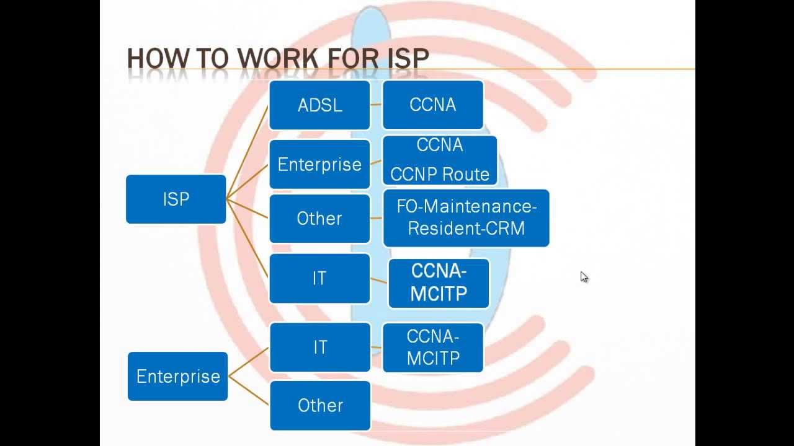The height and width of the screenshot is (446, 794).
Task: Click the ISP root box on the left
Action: tap(176, 199)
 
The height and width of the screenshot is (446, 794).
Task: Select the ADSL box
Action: tap(319, 105)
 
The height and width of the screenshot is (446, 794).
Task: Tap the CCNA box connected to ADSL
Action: tap(432, 105)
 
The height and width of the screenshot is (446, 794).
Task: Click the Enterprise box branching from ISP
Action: tap(319, 164)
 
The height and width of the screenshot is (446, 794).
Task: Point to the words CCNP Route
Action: tap(440, 175)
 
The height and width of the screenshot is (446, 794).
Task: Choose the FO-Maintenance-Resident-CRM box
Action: tap(466, 218)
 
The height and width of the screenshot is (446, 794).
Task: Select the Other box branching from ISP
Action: tap(319, 218)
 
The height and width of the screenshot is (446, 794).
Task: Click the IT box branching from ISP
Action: tap(319, 278)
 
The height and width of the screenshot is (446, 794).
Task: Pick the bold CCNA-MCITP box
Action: tap(439, 283)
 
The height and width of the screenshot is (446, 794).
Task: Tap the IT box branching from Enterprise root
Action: tap(319, 347)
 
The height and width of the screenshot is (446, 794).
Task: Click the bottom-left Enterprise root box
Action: tap(178, 376)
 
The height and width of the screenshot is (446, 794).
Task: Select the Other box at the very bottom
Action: tap(320, 406)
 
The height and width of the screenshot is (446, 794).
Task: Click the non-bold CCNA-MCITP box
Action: tap(432, 348)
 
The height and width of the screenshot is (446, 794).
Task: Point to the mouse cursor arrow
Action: tap(584, 277)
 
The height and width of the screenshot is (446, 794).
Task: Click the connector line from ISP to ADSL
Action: tap(248, 152)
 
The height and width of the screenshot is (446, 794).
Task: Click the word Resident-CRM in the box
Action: tap(466, 229)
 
